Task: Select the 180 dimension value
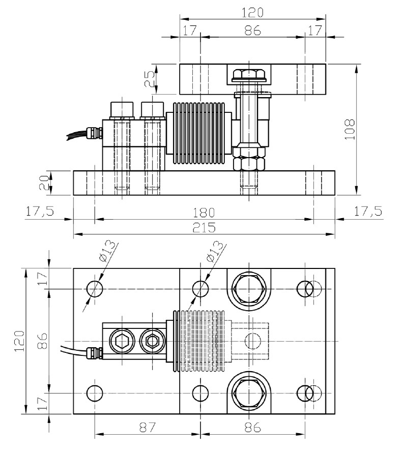(204, 212)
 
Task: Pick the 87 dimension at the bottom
(147, 428)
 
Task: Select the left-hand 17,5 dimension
(40, 212)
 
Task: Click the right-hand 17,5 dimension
(367, 212)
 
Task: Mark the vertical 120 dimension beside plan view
(18, 341)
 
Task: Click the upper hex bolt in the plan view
(247, 289)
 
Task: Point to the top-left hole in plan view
(94, 289)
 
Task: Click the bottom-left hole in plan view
(94, 393)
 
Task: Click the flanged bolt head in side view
(246, 75)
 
